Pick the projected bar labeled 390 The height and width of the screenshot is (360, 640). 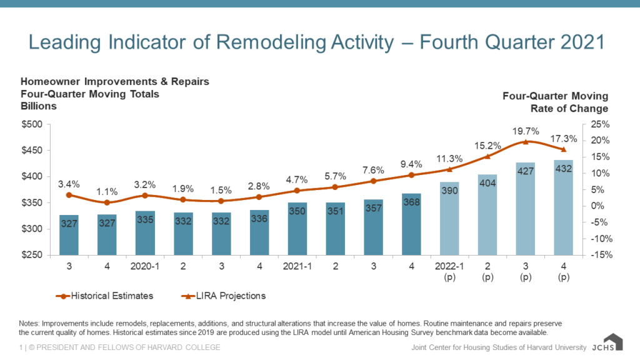(x=449, y=218)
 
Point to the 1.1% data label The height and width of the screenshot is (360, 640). (x=107, y=191)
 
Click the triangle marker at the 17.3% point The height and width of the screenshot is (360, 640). (x=564, y=149)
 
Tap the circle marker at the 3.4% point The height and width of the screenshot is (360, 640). (x=69, y=195)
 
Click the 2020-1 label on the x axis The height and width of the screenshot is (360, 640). (x=145, y=266)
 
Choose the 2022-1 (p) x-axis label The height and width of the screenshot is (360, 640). (x=449, y=271)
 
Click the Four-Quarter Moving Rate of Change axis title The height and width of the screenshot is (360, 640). (x=555, y=102)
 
